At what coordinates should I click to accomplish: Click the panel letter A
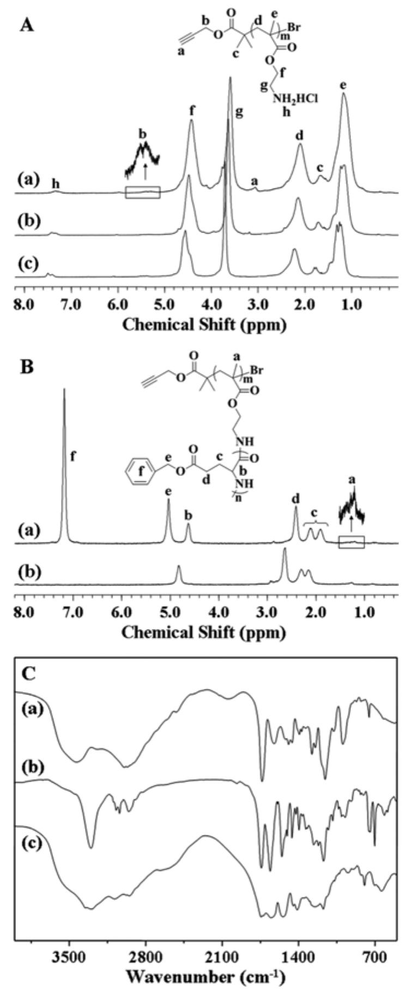(x=27, y=26)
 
